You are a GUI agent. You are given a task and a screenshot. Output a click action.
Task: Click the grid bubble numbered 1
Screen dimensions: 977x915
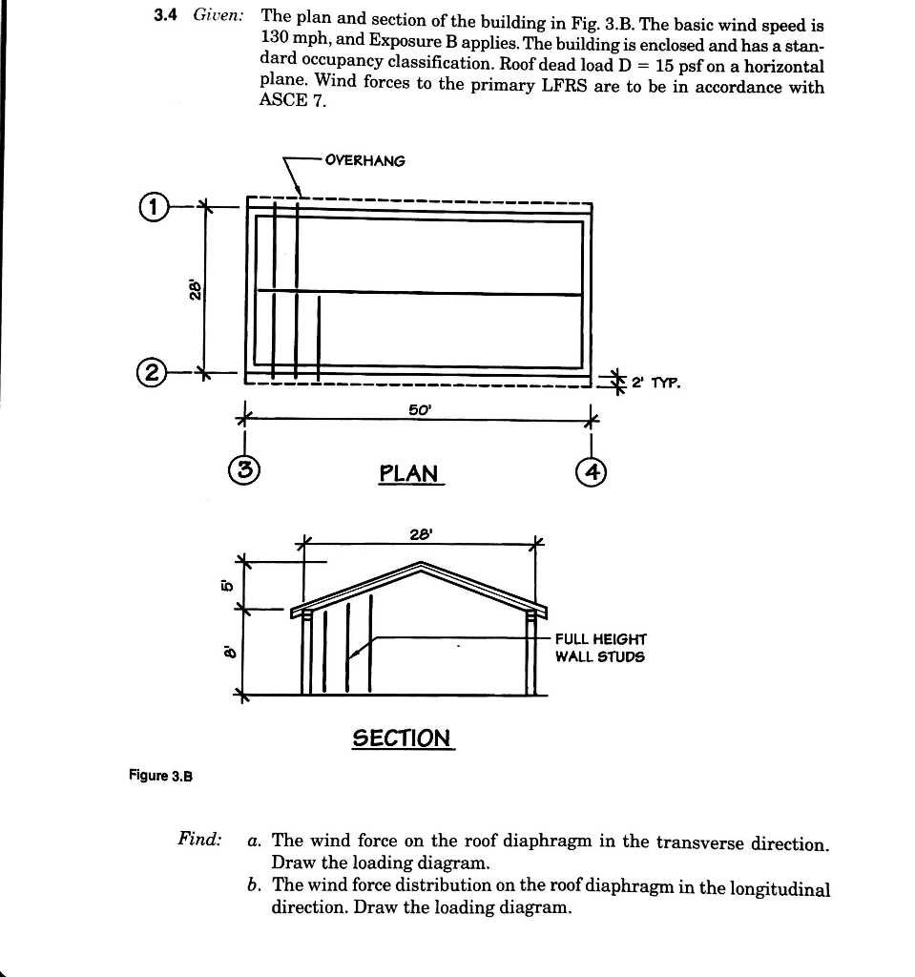point(154,205)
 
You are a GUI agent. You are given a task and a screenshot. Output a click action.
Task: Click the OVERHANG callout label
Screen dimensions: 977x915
point(364,160)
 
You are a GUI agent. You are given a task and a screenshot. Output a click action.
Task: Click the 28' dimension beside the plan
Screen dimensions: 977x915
point(194,287)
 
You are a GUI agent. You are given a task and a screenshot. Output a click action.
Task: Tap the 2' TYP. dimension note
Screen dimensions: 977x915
point(655,384)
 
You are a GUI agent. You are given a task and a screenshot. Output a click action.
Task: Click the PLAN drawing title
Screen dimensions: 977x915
point(408,473)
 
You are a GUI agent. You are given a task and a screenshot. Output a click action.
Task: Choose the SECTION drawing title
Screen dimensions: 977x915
point(402,738)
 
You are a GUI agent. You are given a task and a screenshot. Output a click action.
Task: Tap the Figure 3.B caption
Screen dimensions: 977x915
point(161,776)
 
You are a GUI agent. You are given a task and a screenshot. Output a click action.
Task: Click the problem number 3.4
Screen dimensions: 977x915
point(169,16)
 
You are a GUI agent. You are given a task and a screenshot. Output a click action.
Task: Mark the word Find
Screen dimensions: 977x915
point(199,839)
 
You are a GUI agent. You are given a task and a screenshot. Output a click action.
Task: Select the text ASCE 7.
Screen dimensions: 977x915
point(292,100)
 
